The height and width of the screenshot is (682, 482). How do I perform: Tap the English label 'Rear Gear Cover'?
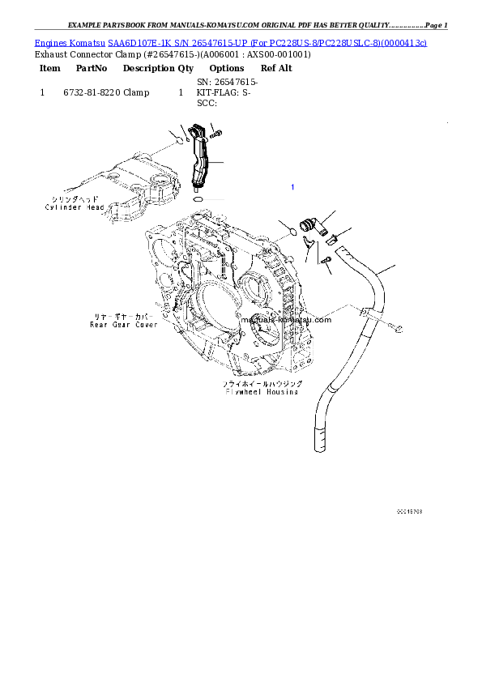(123, 324)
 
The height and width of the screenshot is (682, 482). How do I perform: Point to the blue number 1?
(292, 187)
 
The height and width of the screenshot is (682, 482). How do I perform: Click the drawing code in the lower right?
(409, 512)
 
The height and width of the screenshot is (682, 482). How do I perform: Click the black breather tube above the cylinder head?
(201, 159)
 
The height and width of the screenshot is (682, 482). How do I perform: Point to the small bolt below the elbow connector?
(323, 260)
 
